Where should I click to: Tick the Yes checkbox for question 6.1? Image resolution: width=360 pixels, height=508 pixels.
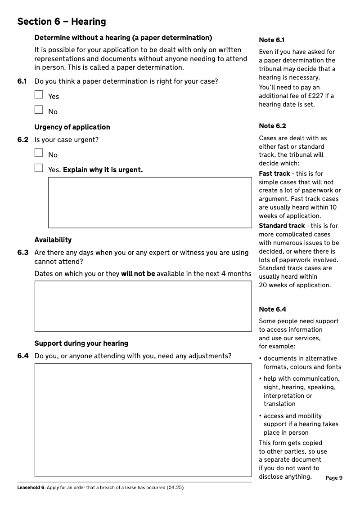(39, 95)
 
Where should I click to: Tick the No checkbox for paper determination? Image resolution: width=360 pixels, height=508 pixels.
(39, 110)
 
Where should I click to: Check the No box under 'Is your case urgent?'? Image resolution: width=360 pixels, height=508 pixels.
(39, 153)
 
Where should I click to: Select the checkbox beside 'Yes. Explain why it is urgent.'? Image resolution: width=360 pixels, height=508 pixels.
(39, 169)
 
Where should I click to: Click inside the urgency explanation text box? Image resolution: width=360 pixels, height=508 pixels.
(150, 202)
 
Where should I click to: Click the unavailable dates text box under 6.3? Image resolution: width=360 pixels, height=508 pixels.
(143, 306)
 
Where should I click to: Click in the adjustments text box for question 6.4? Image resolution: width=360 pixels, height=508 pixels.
(143, 420)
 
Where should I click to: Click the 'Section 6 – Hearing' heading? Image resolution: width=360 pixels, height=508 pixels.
(62, 22)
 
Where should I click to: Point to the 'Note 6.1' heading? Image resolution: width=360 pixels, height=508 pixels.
(272, 40)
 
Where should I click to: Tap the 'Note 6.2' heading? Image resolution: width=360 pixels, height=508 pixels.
(272, 126)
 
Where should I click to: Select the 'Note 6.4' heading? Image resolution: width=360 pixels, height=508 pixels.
(272, 309)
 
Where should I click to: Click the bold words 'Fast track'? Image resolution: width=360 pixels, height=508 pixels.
(274, 174)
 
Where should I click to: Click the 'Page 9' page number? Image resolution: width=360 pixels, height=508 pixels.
(334, 478)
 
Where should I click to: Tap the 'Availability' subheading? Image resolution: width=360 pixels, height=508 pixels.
(53, 240)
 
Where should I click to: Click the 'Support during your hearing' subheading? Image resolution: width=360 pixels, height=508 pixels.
(81, 343)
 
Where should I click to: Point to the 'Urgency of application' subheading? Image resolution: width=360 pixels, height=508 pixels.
(72, 127)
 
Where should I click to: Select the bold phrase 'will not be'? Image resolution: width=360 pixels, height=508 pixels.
(138, 274)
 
